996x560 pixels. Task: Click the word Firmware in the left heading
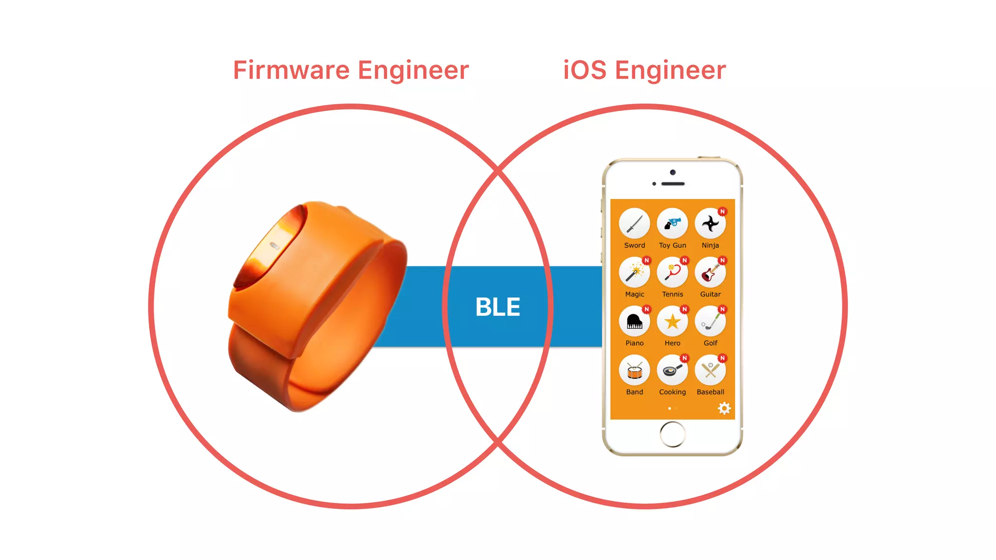click(291, 70)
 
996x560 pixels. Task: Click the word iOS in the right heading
click(585, 70)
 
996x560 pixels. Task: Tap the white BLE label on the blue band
click(498, 307)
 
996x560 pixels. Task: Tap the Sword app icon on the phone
click(634, 224)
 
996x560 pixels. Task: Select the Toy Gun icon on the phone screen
click(672, 224)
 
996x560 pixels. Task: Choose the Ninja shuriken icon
click(710, 224)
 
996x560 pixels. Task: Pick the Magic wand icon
click(634, 273)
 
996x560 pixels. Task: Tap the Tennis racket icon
click(672, 273)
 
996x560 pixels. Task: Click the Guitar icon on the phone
click(710, 273)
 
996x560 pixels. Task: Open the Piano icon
click(634, 322)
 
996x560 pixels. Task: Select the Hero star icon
click(672, 322)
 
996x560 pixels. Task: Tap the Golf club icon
click(710, 322)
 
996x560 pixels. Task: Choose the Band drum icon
click(634, 371)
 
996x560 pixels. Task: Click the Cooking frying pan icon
click(672, 371)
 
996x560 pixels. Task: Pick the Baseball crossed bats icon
click(710, 371)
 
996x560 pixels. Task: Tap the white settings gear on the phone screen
click(724, 408)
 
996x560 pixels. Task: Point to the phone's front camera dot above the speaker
click(673, 173)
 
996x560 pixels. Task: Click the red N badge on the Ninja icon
click(723, 211)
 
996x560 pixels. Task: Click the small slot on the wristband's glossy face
click(275, 245)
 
